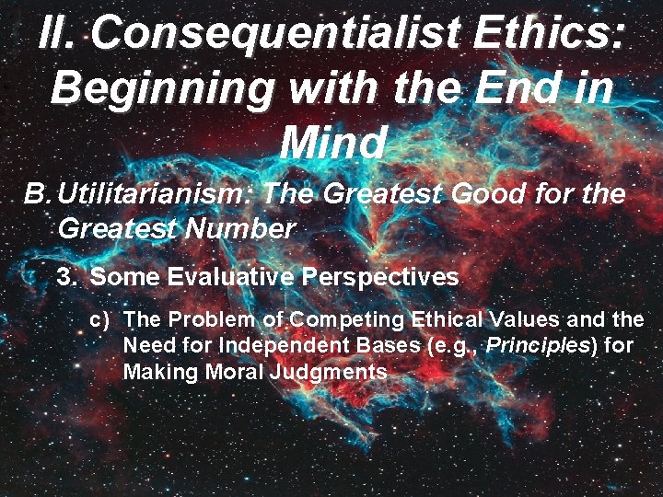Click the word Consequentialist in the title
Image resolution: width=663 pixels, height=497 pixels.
[280, 34]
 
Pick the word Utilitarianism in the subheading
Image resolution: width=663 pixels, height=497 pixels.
[156, 195]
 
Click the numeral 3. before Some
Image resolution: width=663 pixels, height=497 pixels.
[68, 277]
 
